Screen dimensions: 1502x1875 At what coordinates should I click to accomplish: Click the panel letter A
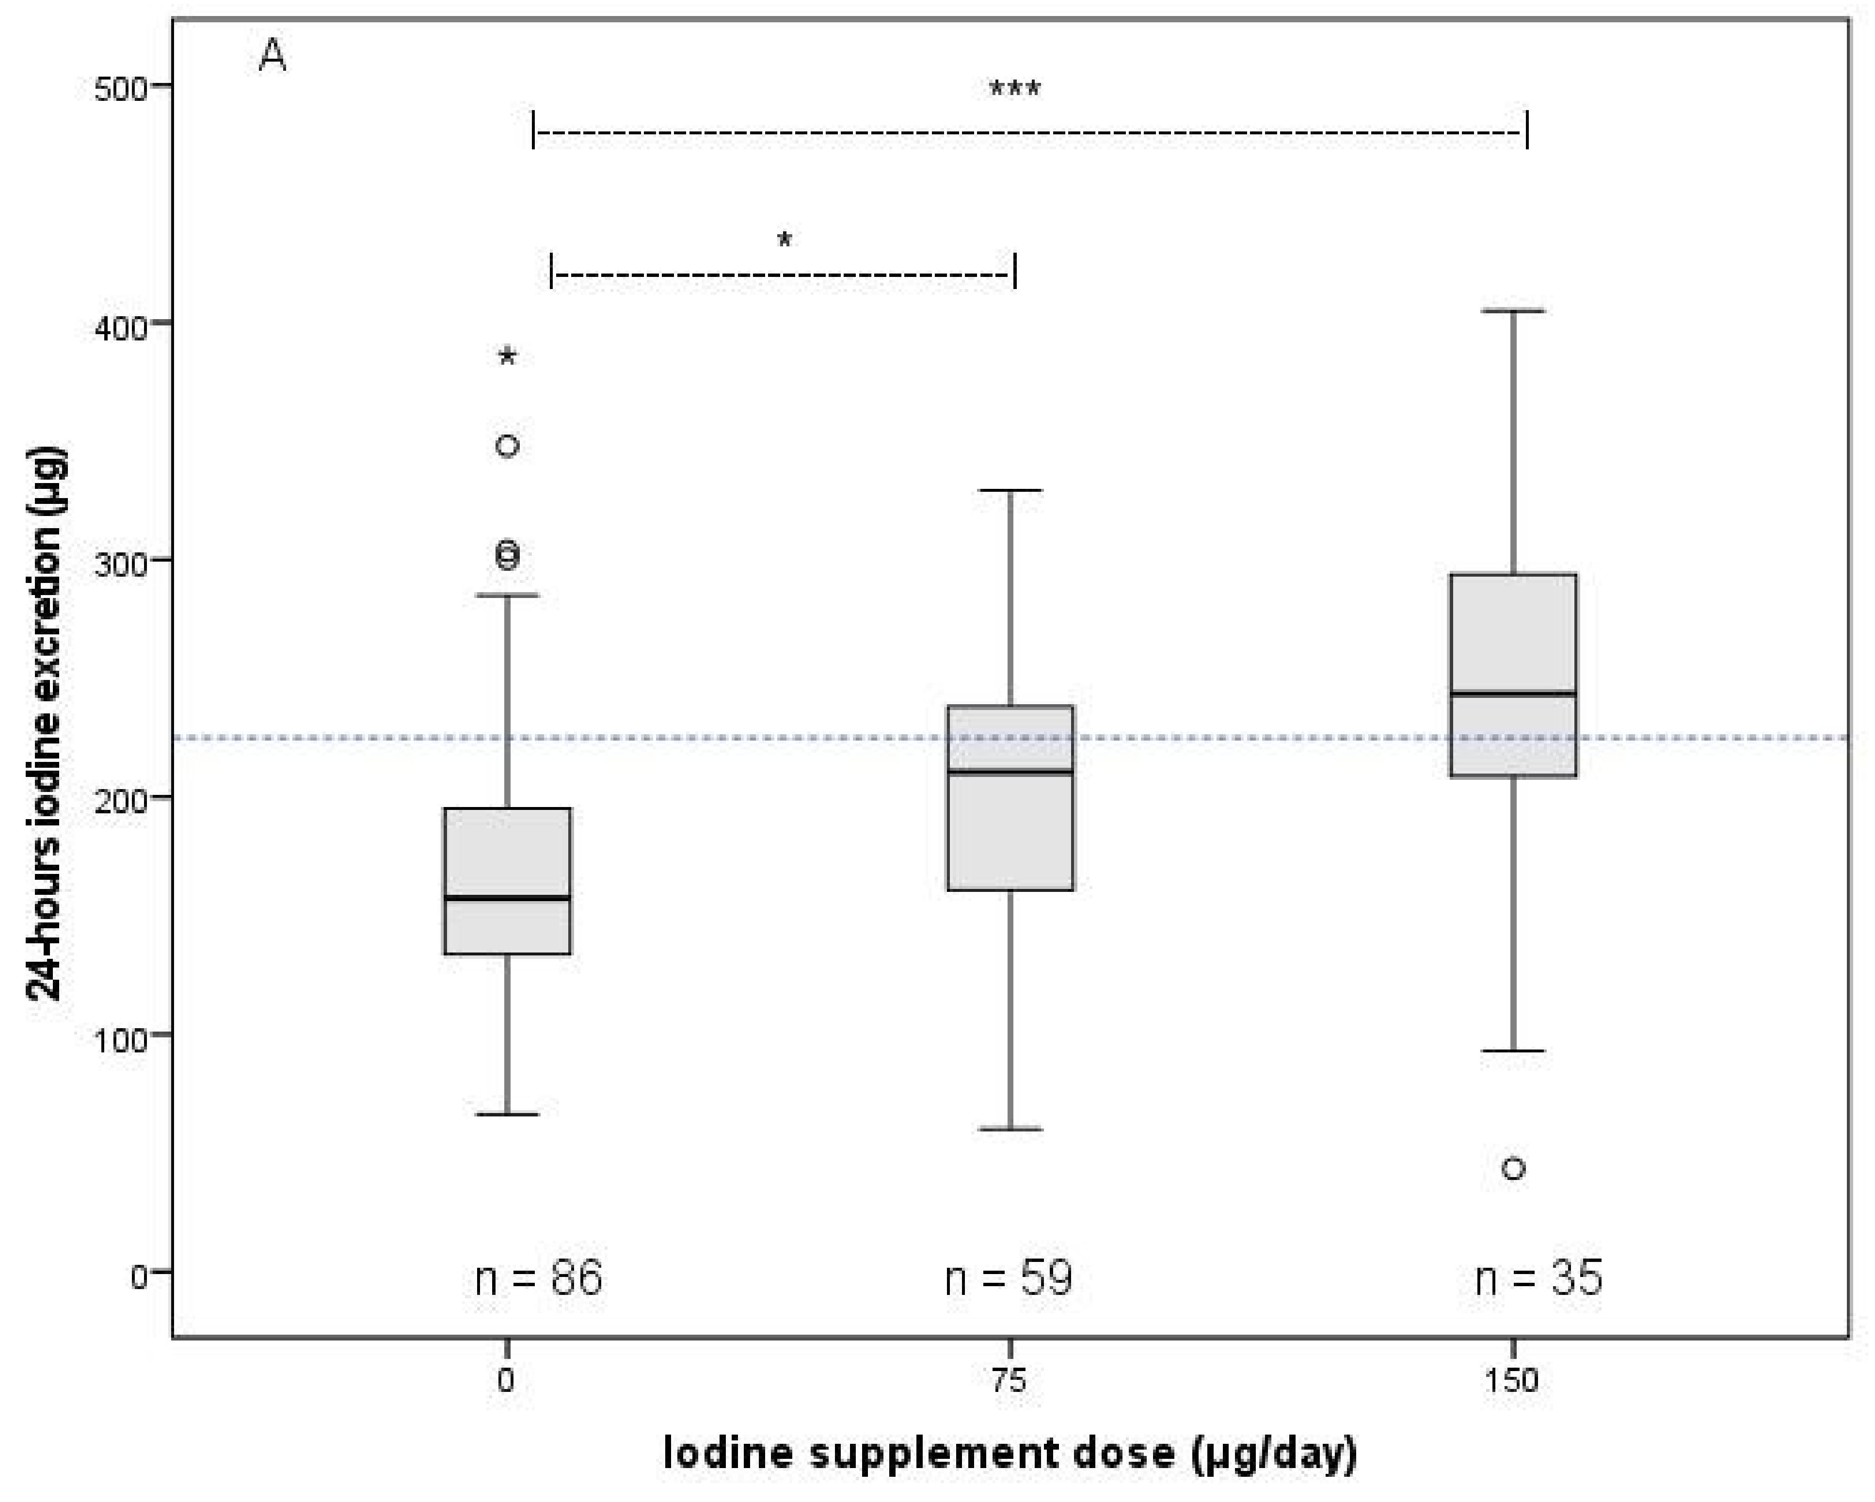(272, 57)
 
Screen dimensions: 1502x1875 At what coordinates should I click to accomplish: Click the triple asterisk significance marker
(1015, 89)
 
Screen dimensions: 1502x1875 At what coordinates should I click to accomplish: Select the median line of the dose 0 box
(508, 898)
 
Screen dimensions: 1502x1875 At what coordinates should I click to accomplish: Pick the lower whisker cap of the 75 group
(1010, 1130)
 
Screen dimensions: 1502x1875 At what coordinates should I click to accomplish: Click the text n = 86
(538, 1278)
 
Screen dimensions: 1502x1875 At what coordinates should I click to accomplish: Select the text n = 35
(1538, 1278)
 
